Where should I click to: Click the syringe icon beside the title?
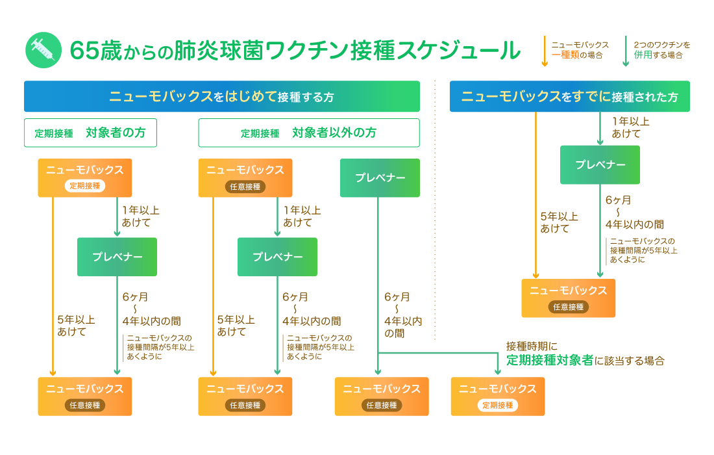[43, 50]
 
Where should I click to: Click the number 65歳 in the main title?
[92, 50]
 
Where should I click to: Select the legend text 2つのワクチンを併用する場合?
[661, 50]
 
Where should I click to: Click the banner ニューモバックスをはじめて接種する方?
[221, 97]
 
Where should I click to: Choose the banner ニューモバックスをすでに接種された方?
[569, 97]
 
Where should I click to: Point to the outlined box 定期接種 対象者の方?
[90, 133]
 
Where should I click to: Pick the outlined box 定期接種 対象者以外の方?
[308, 133]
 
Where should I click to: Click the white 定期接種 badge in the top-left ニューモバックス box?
[84, 186]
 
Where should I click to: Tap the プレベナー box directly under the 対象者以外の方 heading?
[380, 177]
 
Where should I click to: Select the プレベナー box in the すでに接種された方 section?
[600, 164]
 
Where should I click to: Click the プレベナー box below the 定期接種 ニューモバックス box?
[117, 257]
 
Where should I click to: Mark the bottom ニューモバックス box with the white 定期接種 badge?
[498, 396]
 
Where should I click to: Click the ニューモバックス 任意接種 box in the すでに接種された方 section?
[568, 298]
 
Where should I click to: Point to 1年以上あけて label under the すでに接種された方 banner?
[629, 127]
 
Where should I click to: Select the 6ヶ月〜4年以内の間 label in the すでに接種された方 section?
[634, 212]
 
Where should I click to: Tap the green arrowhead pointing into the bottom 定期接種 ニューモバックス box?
[498, 372]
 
